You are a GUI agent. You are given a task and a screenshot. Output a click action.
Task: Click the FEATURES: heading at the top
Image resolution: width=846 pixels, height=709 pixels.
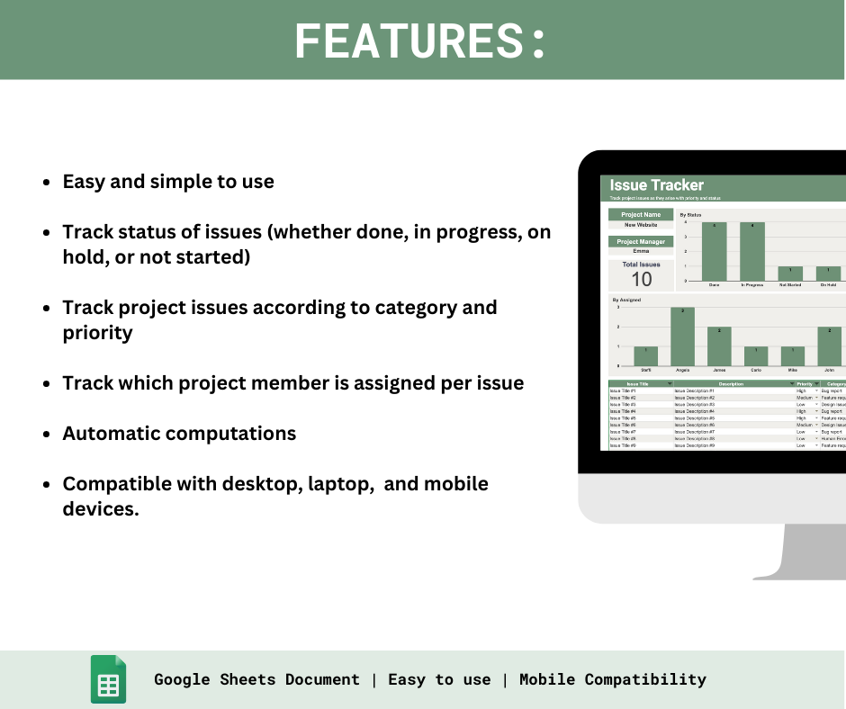tap(420, 40)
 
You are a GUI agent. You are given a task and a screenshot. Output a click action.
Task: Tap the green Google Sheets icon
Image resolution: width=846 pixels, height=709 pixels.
tap(108, 679)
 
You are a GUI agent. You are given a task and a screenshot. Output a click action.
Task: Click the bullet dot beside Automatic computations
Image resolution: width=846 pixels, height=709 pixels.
tap(46, 434)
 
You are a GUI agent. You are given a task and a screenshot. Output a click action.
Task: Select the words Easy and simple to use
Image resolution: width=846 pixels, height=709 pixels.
tap(168, 181)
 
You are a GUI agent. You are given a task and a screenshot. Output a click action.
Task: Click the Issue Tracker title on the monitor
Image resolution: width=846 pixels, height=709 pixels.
tap(657, 185)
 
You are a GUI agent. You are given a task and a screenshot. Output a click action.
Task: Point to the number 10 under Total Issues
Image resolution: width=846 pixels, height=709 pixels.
tap(642, 279)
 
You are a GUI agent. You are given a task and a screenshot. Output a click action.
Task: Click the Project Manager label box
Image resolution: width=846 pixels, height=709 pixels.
tap(641, 242)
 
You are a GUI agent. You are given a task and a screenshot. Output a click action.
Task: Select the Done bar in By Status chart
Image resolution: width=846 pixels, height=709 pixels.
tap(714, 252)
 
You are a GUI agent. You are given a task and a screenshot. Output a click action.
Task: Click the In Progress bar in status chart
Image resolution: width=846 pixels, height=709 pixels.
tap(752, 252)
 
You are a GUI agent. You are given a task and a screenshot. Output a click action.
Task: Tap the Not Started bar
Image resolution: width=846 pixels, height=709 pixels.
tap(790, 274)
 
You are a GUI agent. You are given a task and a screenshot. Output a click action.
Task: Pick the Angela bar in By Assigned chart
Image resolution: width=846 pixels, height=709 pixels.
tap(684, 337)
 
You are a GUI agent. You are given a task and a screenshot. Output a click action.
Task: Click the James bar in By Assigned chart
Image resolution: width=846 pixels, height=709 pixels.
tap(719, 346)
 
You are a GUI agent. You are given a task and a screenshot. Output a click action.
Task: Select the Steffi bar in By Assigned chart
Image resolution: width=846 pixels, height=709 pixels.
tap(646, 356)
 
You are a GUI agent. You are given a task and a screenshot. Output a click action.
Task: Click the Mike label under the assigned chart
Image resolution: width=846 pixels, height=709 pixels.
tap(793, 370)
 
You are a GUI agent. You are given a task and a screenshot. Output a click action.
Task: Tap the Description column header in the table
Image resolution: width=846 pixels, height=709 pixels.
tap(731, 384)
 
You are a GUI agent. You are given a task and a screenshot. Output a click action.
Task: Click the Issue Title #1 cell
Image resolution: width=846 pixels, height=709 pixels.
tap(623, 391)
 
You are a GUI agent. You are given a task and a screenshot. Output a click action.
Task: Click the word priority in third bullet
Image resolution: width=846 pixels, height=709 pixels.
tap(97, 333)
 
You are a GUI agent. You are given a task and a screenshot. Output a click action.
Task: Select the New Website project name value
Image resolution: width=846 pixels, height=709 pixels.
tap(641, 225)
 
